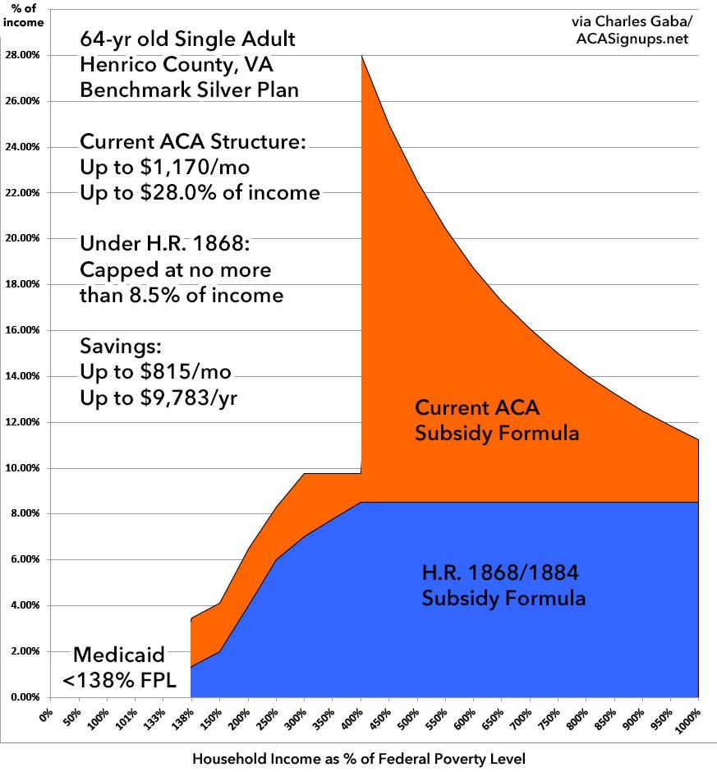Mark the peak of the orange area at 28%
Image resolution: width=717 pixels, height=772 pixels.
361,55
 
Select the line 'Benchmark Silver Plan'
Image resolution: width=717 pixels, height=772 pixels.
189,90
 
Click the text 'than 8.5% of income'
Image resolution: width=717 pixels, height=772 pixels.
182,295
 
